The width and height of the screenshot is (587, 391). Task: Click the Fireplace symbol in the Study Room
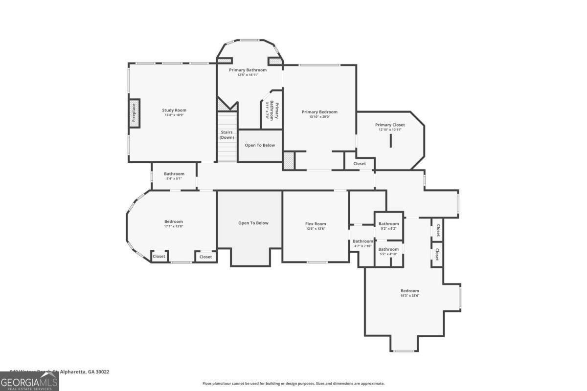(x=134, y=113)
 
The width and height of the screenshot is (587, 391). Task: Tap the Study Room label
(x=174, y=110)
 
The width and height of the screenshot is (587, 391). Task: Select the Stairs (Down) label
(x=226, y=135)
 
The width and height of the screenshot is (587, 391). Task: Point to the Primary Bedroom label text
(x=319, y=112)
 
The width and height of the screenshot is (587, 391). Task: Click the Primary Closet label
(x=390, y=125)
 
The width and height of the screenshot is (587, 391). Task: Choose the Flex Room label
(x=316, y=224)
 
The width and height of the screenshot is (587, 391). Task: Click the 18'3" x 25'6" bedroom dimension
(x=410, y=295)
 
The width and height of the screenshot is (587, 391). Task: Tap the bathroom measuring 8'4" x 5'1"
(x=174, y=176)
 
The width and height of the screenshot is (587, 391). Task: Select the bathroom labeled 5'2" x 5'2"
(x=389, y=226)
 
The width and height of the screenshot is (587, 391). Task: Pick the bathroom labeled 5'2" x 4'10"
(x=389, y=251)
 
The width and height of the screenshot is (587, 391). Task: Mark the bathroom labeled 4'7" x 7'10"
(x=363, y=243)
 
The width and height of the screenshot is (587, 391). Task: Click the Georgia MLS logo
(x=29, y=381)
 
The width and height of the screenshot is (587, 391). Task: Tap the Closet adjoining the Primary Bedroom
(x=360, y=164)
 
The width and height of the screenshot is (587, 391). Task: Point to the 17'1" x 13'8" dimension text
(x=174, y=226)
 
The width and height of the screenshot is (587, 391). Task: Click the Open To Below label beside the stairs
(x=260, y=145)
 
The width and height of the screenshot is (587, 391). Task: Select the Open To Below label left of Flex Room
(x=253, y=223)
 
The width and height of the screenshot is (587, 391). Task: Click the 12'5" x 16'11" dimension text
(x=248, y=75)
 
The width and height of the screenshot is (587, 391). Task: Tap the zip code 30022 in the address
(x=102, y=372)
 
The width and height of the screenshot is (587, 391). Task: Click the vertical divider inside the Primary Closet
(x=391, y=141)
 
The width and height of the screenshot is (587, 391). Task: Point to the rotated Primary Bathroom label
(x=271, y=110)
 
